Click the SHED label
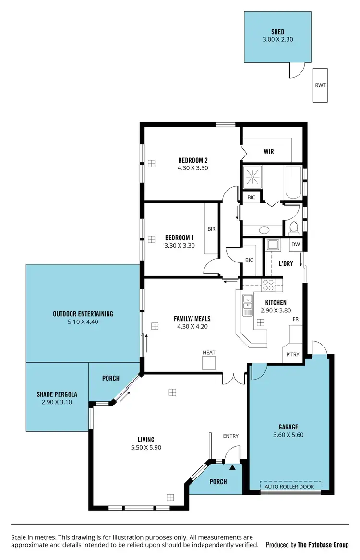[x=278, y=32]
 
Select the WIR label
[x=269, y=152]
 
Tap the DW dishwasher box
[x=296, y=245]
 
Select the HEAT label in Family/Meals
[x=209, y=353]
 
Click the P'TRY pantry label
[x=293, y=355]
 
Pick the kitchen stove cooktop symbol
[x=268, y=285]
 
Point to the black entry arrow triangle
[x=232, y=466]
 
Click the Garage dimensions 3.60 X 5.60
[x=288, y=435]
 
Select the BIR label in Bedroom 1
[x=211, y=229]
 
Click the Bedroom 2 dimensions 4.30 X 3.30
[x=192, y=168]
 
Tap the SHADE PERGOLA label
[x=57, y=394]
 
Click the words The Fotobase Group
[x=323, y=545]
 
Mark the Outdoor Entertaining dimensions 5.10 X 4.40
[x=83, y=322]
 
